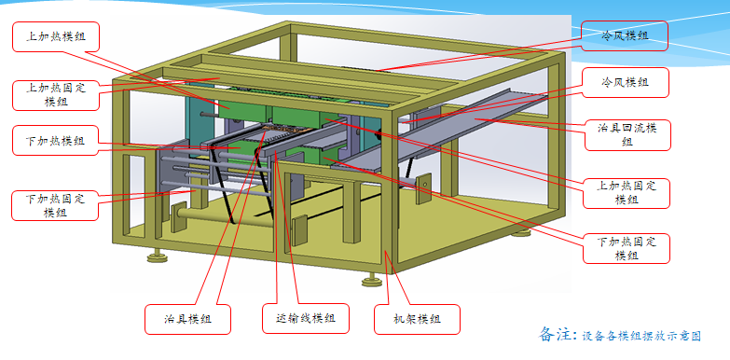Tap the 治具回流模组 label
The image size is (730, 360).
pyautogui.click(x=626, y=133)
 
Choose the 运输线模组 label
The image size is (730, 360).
pyautogui.click(x=305, y=318)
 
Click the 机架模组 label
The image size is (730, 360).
pyautogui.click(x=417, y=318)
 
